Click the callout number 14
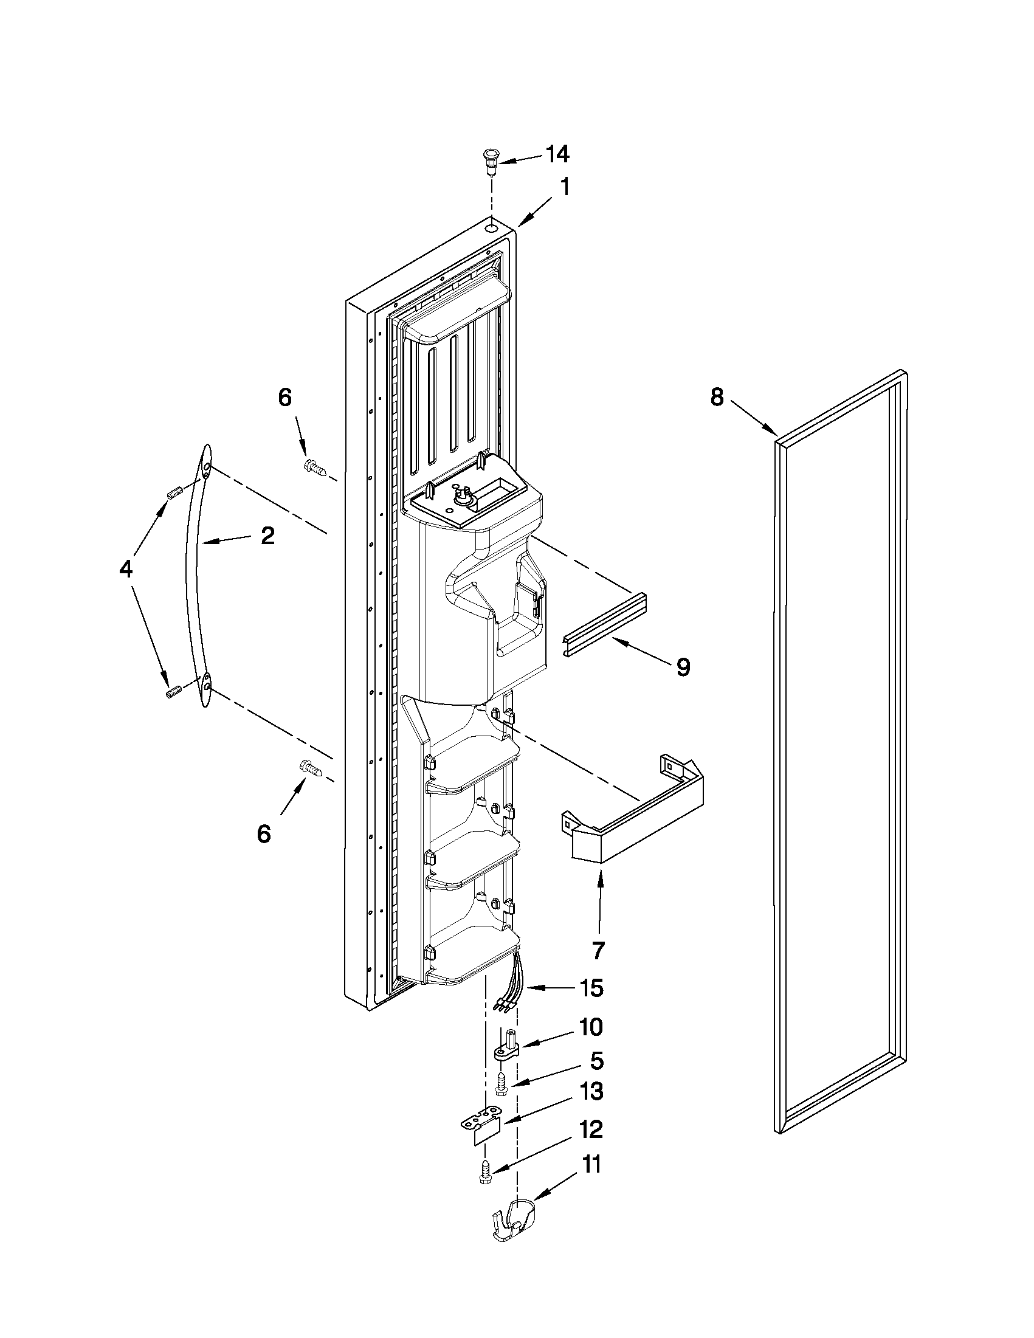(557, 155)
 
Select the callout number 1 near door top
(565, 188)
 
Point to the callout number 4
(126, 570)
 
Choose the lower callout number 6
(264, 834)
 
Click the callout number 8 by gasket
(717, 398)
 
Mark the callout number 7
(598, 950)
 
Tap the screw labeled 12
(484, 1173)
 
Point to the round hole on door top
(492, 229)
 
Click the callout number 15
(590, 988)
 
